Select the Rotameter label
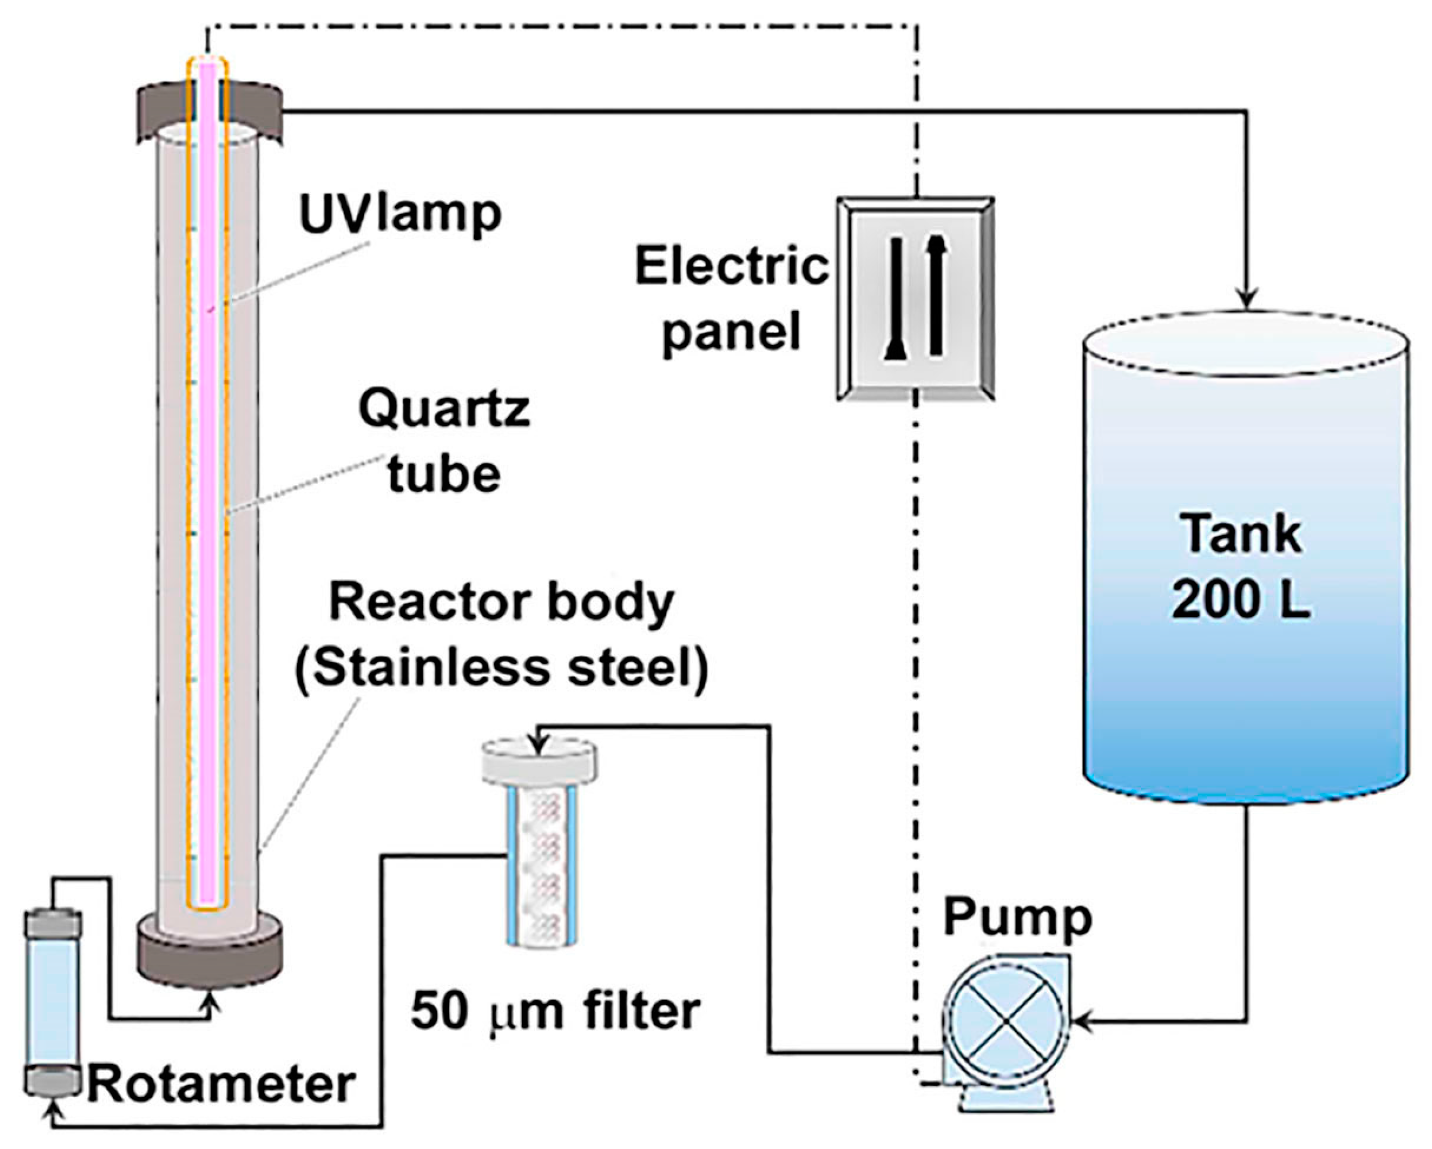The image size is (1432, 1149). tap(221, 1085)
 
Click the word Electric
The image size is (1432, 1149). tap(731, 267)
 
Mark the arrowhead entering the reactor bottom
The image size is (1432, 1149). tap(211, 1005)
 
